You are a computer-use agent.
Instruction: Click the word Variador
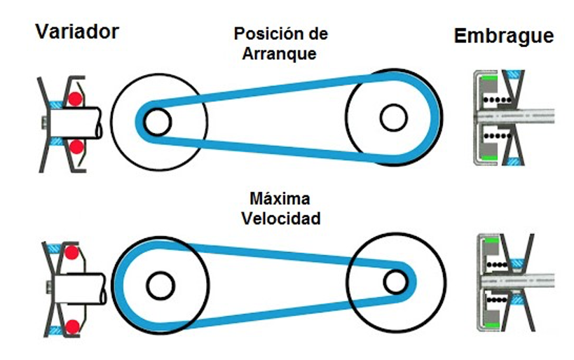pyautogui.click(x=77, y=32)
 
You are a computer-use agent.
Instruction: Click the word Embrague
pyautogui.click(x=504, y=36)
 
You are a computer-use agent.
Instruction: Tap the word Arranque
pyautogui.click(x=280, y=53)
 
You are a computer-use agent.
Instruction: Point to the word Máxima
pyautogui.click(x=280, y=199)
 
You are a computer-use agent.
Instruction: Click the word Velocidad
pyautogui.click(x=281, y=219)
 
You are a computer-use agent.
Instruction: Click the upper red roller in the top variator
pyautogui.click(x=75, y=99)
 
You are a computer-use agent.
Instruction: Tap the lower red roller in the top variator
pyautogui.click(x=76, y=147)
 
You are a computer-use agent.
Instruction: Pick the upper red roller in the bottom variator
pyautogui.click(x=71, y=252)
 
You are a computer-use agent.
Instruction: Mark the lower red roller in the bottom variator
pyautogui.click(x=72, y=326)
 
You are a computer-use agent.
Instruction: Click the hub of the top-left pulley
pyautogui.click(x=158, y=122)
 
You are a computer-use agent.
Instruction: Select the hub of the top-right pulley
pyautogui.click(x=393, y=118)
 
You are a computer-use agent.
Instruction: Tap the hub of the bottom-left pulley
pyautogui.click(x=160, y=285)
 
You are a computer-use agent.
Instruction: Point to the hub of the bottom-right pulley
pyautogui.click(x=395, y=282)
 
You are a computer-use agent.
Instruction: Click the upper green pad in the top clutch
pyautogui.click(x=488, y=78)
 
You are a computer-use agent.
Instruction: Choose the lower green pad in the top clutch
pyautogui.click(x=488, y=158)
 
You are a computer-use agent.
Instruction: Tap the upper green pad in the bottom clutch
pyautogui.click(x=491, y=241)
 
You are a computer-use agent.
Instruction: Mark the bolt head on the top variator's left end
pyautogui.click(x=44, y=123)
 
